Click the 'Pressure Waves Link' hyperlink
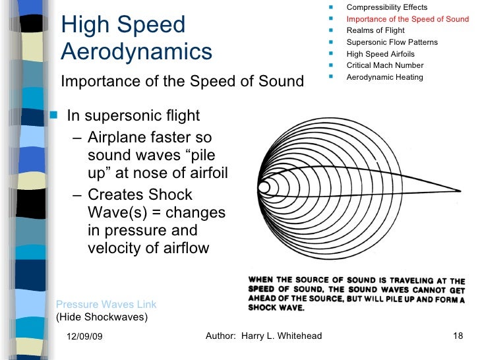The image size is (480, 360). pyautogui.click(x=106, y=304)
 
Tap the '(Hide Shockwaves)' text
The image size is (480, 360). pyautogui.click(x=102, y=316)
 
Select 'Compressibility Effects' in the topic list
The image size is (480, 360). pyautogui.click(x=386, y=7)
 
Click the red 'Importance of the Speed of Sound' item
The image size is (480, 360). pyautogui.click(x=407, y=19)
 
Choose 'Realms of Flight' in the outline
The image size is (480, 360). pyautogui.click(x=375, y=30)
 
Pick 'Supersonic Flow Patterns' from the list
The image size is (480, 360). pyautogui.click(x=392, y=42)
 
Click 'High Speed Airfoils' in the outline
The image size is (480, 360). pyautogui.click(x=380, y=54)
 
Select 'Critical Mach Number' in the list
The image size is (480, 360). pyautogui.click(x=384, y=65)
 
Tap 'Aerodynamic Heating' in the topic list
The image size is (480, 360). pyautogui.click(x=384, y=77)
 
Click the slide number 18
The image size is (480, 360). pyautogui.click(x=459, y=336)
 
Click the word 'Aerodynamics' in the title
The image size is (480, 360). pyautogui.click(x=136, y=51)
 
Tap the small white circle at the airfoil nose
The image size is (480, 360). pyautogui.click(x=264, y=188)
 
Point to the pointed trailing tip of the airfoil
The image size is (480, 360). pyautogui.click(x=459, y=188)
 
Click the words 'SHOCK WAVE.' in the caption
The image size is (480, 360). pyautogui.click(x=276, y=307)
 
